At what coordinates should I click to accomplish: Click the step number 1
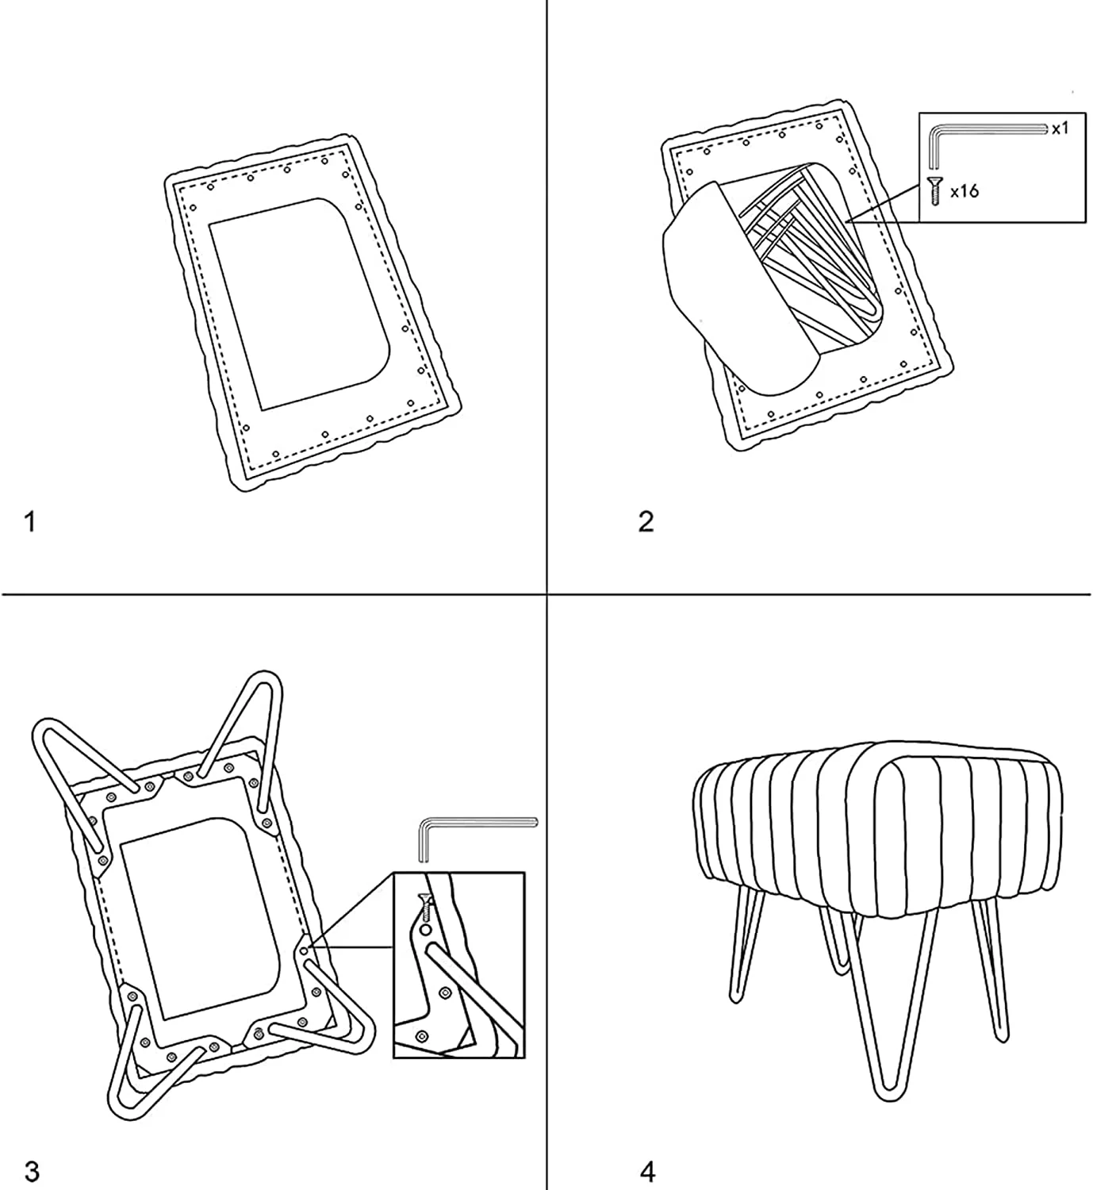[x=29, y=522]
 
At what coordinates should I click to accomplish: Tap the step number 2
[x=646, y=521]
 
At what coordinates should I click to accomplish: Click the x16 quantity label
[x=965, y=191]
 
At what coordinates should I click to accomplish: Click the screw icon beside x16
[x=934, y=191]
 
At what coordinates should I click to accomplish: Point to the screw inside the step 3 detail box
[x=425, y=907]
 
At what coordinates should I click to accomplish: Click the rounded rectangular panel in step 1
[x=300, y=304]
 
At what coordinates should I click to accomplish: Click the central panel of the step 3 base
[x=200, y=916]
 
